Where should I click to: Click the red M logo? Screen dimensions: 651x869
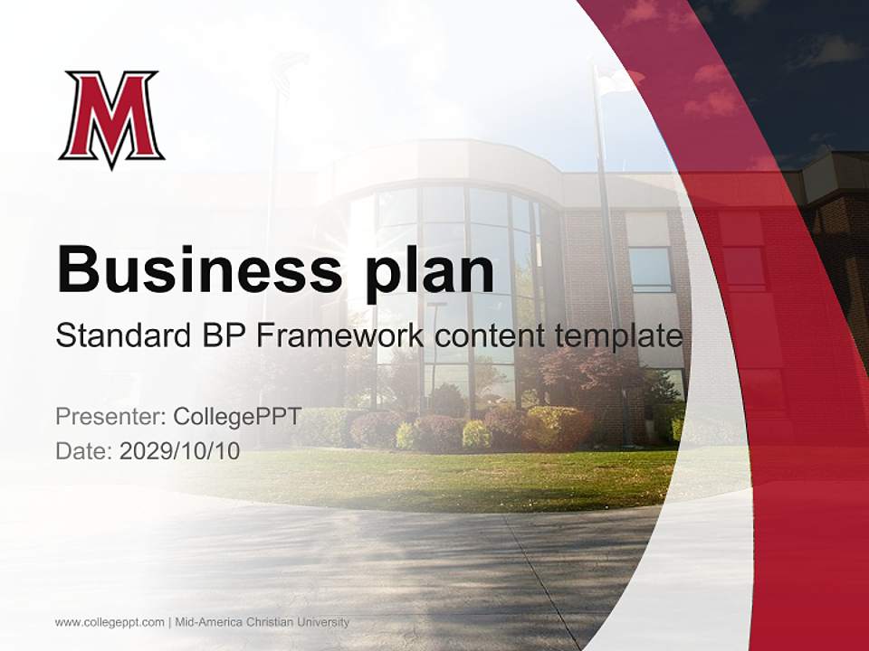[111, 118]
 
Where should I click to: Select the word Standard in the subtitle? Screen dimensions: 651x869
[120, 335]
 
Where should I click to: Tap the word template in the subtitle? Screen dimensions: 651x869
[620, 335]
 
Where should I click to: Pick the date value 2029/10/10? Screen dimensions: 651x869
[180, 451]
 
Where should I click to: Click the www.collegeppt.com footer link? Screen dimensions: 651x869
[110, 622]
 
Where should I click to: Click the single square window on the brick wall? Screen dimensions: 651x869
[650, 269]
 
